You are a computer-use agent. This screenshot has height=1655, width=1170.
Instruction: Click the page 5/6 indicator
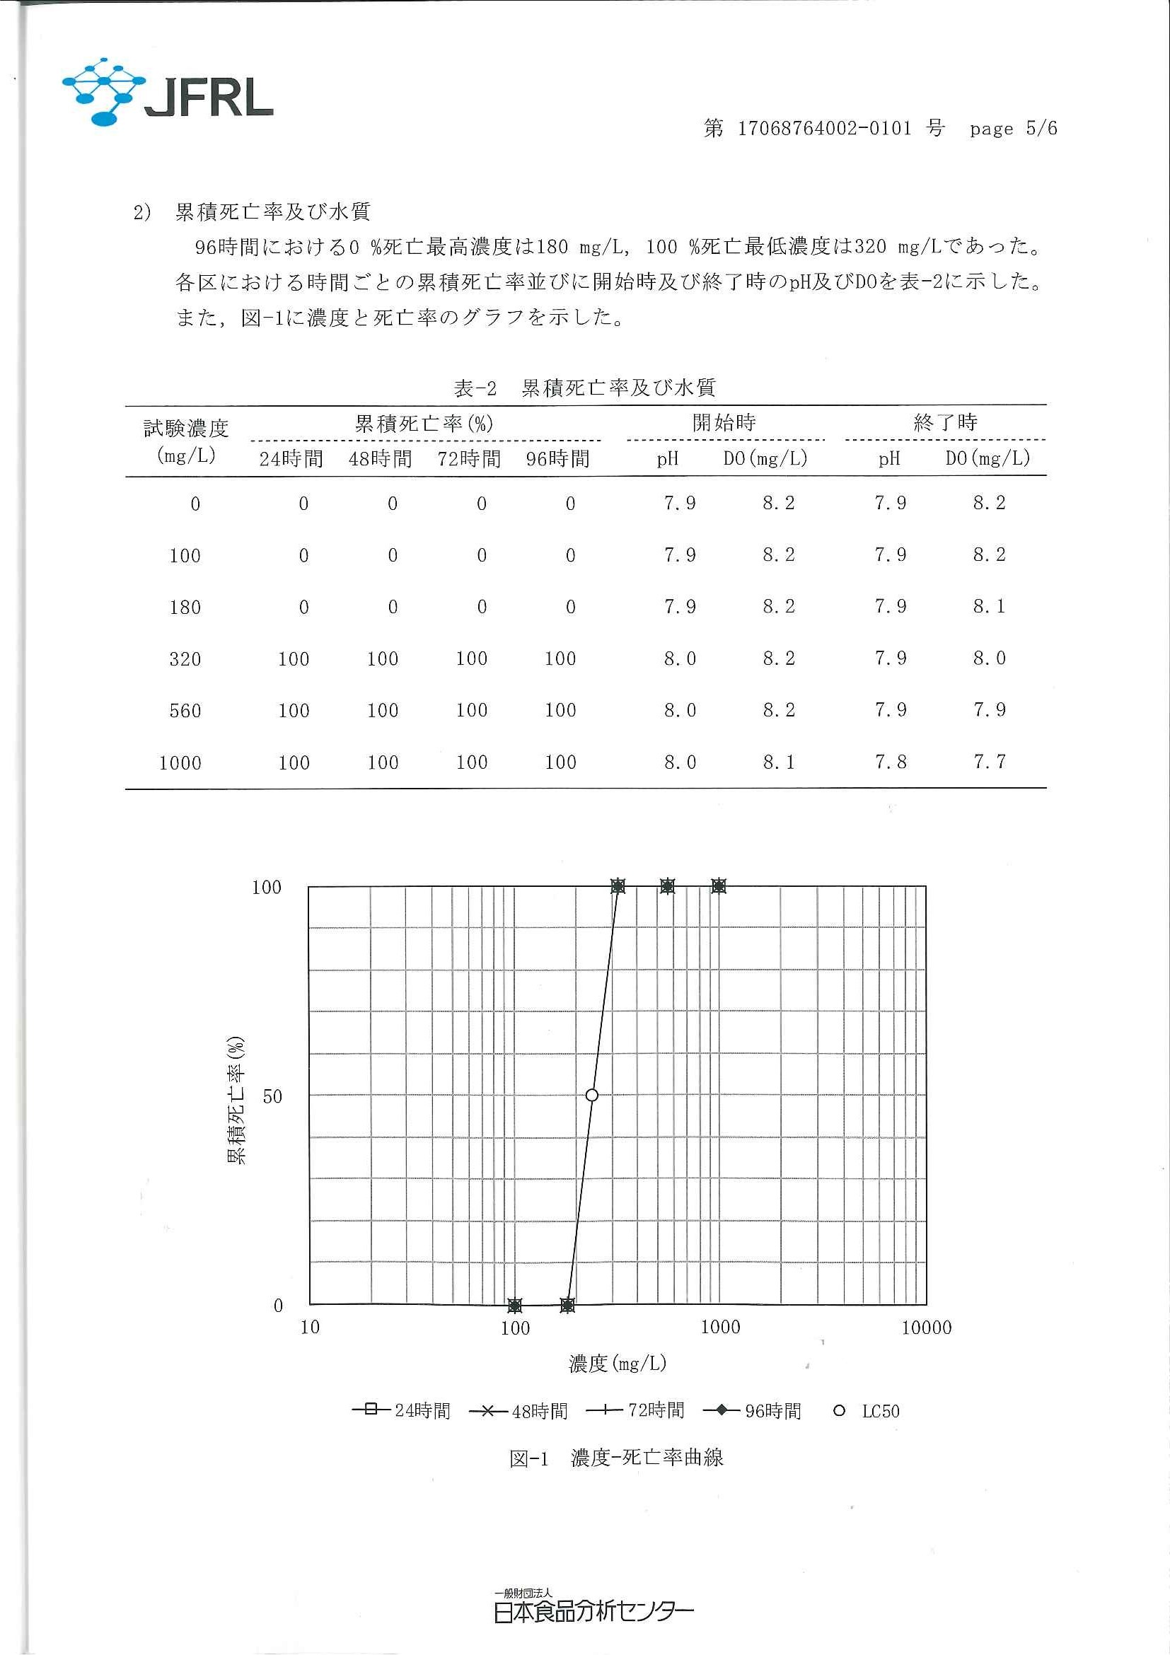click(1013, 129)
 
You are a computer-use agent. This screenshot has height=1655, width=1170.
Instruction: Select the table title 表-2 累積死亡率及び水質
click(584, 388)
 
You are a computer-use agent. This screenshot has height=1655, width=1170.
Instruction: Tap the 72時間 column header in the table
click(468, 459)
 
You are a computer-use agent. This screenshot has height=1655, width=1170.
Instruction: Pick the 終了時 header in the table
click(945, 422)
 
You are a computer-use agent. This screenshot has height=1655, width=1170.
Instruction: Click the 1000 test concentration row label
click(180, 762)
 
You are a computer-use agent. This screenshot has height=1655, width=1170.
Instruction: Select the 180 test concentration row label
click(185, 608)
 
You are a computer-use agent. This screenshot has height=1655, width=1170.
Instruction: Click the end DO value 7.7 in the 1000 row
click(989, 762)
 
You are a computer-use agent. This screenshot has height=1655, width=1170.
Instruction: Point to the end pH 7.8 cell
click(891, 762)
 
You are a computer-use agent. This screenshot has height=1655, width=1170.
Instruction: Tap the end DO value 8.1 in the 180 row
click(989, 607)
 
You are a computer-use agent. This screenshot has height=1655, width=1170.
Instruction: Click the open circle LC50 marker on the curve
click(592, 1096)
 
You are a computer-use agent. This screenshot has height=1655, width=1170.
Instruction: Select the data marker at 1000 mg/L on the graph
click(719, 886)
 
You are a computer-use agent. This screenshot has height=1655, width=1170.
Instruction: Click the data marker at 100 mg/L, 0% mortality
click(515, 1305)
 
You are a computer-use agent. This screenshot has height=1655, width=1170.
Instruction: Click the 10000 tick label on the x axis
click(927, 1328)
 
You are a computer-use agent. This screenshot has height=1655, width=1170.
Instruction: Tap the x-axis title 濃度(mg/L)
click(617, 1363)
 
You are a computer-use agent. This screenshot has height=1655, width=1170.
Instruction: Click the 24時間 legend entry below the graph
click(402, 1411)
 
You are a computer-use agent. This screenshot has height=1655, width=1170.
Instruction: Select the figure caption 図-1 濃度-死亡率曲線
click(615, 1458)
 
